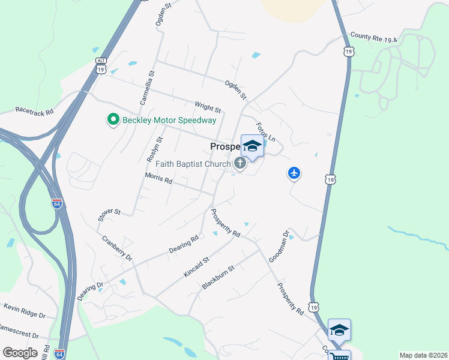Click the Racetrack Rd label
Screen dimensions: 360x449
point(34,111)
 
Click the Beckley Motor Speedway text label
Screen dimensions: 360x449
point(169,121)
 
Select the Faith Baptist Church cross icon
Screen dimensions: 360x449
point(240,163)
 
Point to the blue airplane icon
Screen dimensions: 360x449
point(294,173)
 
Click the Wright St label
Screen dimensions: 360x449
point(208,107)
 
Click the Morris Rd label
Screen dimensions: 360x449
point(158,179)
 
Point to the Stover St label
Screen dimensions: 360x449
point(110,212)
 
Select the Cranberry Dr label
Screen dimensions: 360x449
point(116,247)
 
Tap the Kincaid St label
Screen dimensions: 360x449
point(196,267)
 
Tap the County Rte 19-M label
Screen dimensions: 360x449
point(374,37)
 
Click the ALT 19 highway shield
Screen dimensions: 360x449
point(100,65)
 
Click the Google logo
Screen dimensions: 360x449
point(20,353)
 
